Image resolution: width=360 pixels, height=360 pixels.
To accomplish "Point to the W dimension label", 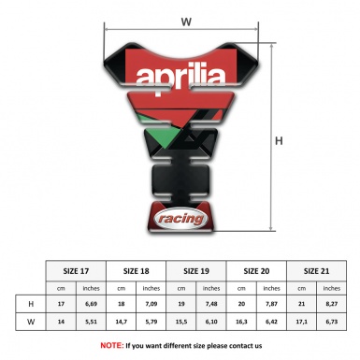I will (186, 20).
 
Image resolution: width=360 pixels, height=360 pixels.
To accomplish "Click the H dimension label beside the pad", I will (279, 141).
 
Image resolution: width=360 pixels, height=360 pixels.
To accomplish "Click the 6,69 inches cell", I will (91, 304).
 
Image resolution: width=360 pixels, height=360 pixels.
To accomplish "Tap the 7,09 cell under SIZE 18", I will (151, 304).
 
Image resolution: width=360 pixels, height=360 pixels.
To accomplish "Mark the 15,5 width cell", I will (182, 323).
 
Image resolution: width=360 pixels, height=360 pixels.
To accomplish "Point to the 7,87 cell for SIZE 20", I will (272, 304).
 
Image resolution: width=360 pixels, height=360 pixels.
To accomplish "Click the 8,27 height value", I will (332, 304).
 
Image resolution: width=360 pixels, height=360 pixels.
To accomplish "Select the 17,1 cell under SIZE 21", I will (301, 323).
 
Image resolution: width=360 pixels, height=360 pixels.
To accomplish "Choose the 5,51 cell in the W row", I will (91, 323).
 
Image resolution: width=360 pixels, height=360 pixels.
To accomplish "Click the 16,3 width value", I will (241, 323).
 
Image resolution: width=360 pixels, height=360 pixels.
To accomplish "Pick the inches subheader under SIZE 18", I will (151, 287).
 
